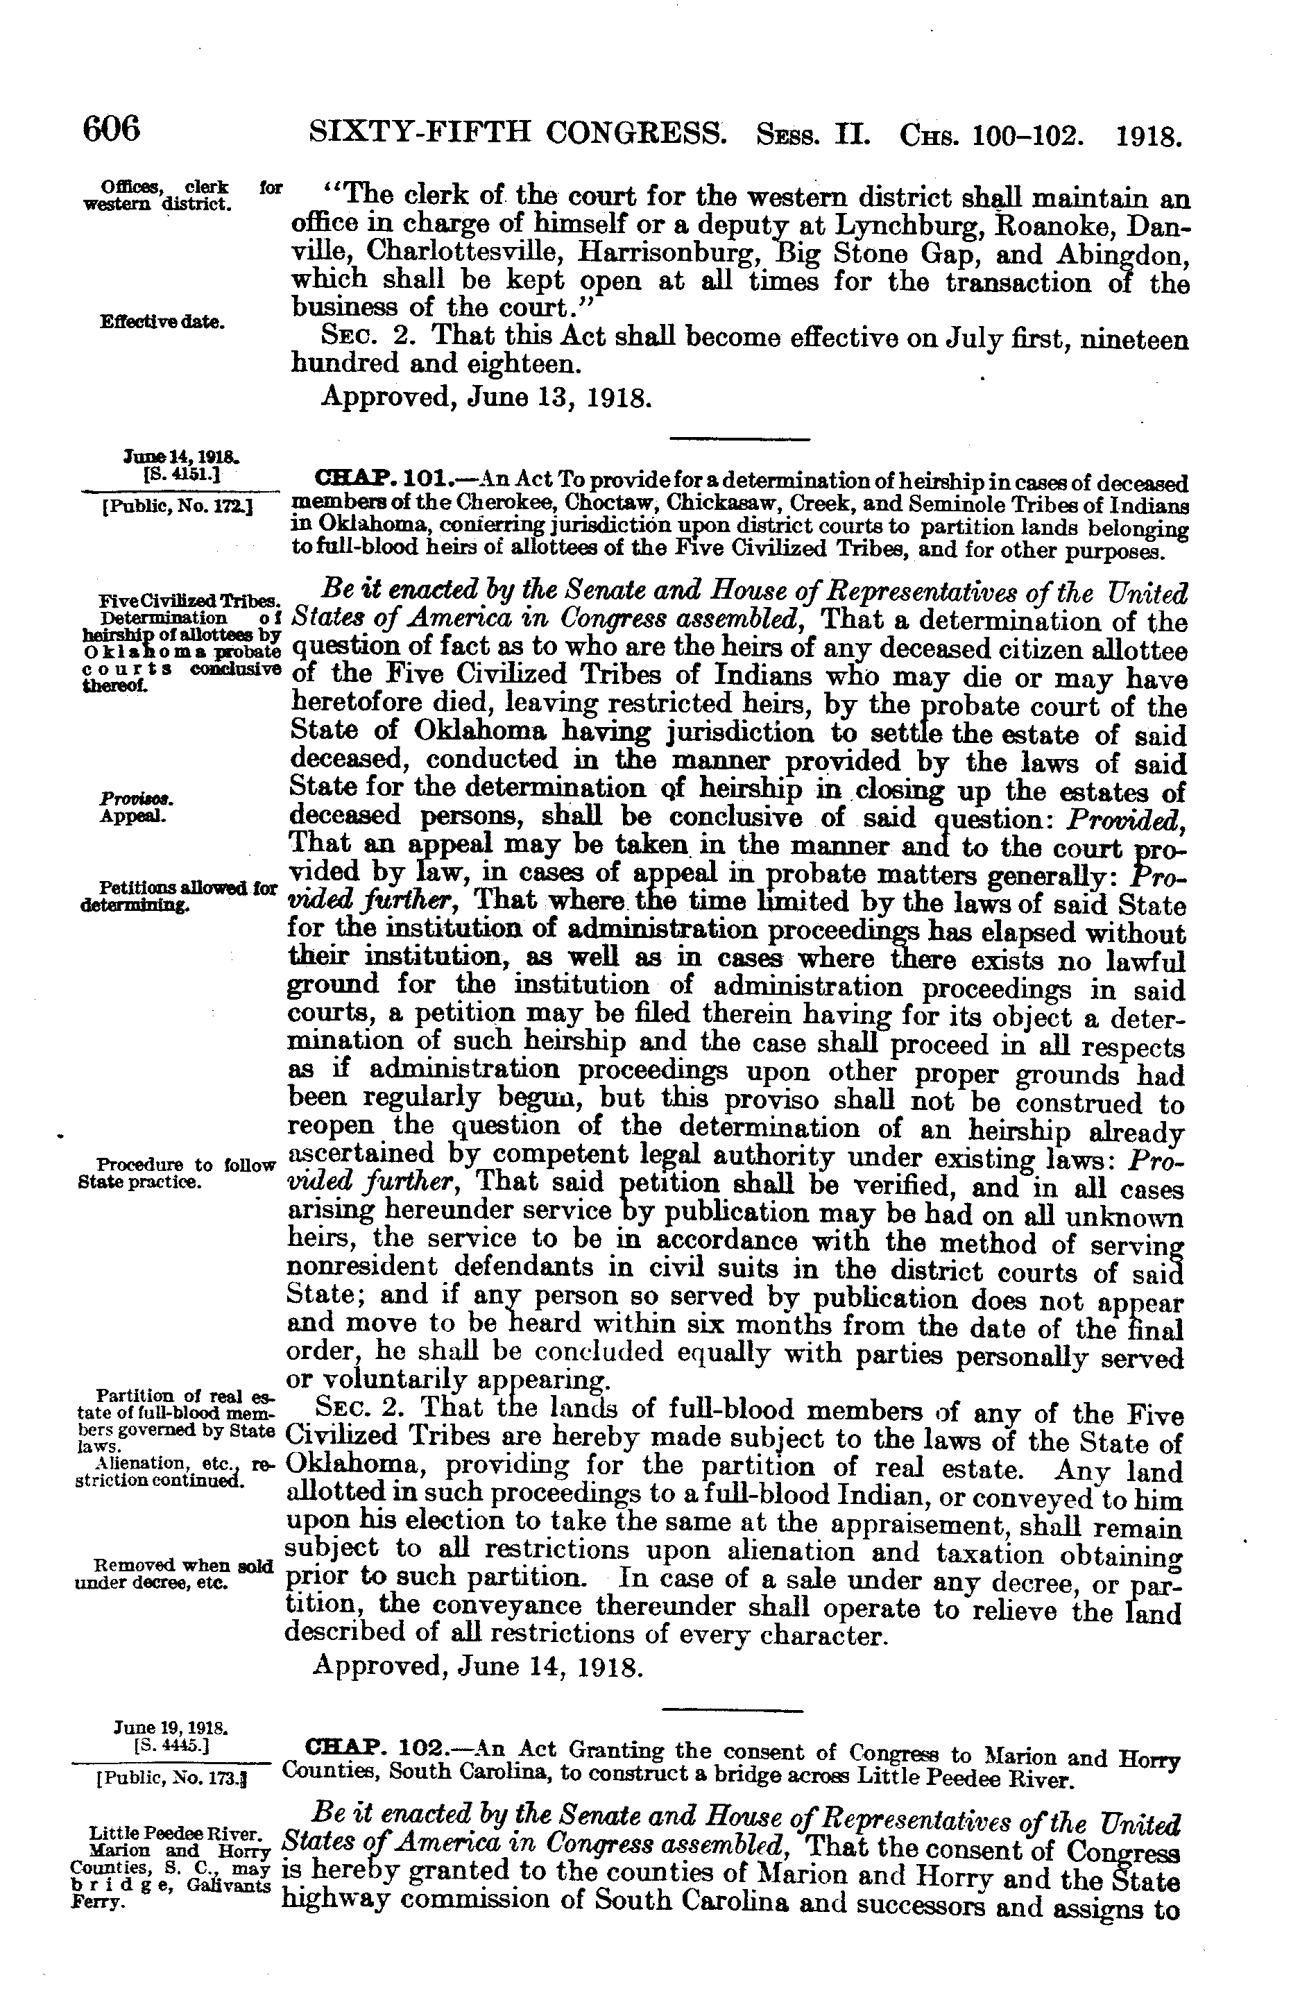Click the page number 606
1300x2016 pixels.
(x=112, y=129)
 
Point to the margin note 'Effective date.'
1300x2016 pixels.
(x=162, y=323)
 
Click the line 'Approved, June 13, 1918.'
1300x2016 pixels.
(x=486, y=397)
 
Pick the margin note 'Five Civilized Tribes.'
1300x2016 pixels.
(x=189, y=600)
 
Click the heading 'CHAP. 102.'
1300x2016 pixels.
(x=371, y=1746)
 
